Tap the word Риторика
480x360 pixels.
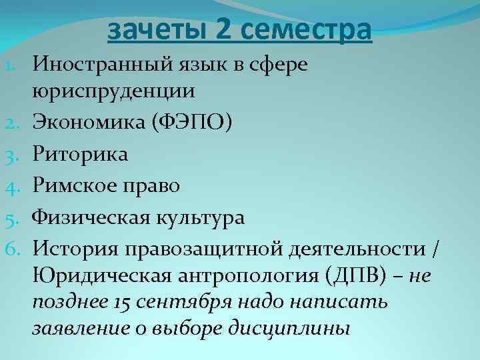tap(81, 155)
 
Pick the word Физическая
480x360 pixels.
tap(92, 217)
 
